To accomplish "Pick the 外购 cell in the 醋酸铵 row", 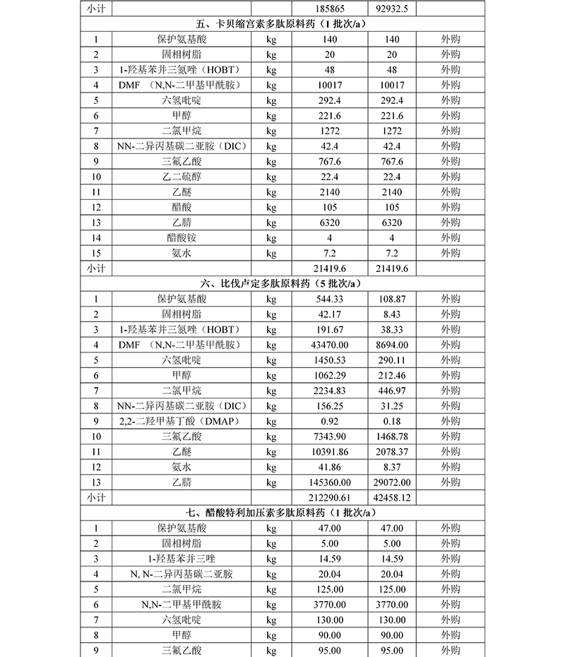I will [451, 237].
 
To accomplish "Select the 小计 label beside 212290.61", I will [95, 497].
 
